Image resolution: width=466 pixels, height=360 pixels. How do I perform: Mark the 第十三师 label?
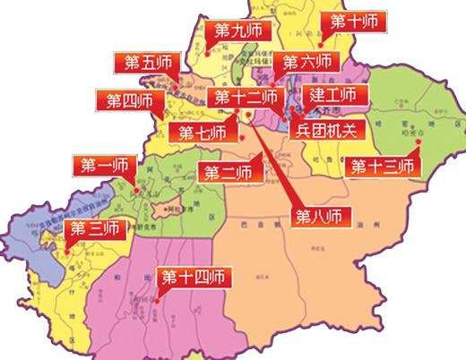coord(383,167)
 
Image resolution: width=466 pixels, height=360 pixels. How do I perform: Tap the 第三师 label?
coord(94,228)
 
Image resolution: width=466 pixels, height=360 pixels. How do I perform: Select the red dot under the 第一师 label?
coord(134,189)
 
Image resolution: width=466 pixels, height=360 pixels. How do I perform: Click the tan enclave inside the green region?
coord(164,213)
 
